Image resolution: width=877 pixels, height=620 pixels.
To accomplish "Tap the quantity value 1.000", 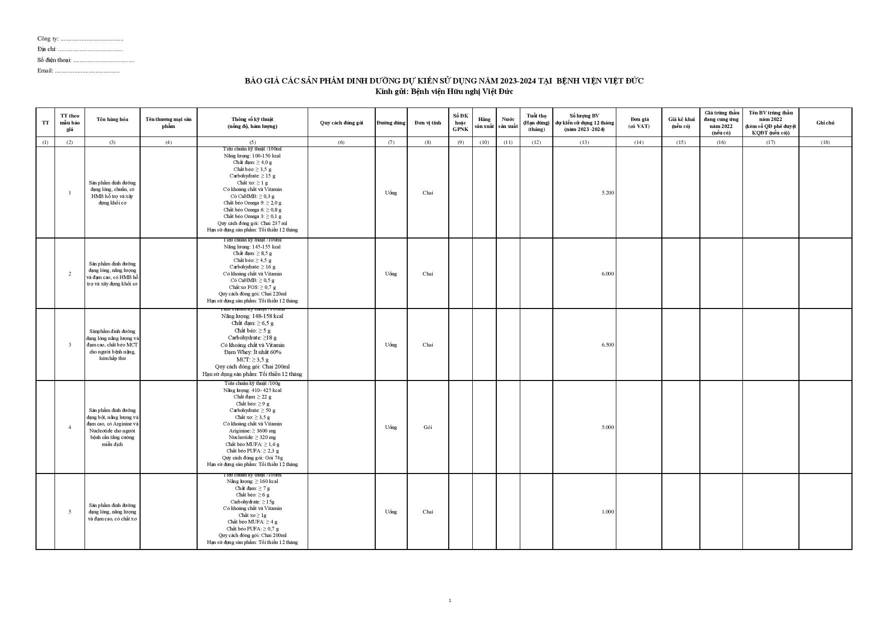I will pos(607,512).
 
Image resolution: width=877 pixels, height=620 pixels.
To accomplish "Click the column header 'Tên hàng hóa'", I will pos(112,119).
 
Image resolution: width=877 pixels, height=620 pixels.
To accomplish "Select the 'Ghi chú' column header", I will pos(825,122).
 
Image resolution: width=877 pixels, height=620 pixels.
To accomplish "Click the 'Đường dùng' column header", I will pos(391,122).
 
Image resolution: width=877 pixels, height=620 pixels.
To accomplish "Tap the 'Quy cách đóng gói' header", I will pos(341,122).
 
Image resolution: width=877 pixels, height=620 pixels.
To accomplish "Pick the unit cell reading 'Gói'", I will pos(428,427).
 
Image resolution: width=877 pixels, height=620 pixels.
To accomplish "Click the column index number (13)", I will pos(584,142).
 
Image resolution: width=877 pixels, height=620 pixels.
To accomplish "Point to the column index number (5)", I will pos(252,142).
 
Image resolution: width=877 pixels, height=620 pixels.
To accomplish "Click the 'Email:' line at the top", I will pos(78,70).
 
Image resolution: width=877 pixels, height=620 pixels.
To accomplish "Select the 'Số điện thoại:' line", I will pos(86,60).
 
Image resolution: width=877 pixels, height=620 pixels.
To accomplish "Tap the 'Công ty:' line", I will pos(80,38).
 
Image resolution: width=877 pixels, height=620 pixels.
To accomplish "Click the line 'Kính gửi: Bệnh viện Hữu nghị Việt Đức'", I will pos(444,91).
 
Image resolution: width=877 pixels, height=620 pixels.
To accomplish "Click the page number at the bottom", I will pos(450,600).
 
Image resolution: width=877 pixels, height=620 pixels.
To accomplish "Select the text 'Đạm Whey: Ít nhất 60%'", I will pos(252,352).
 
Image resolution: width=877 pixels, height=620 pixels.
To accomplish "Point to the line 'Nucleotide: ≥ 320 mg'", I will pos(252,437).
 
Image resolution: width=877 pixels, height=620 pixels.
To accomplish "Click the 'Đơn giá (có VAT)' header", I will pos(639,122).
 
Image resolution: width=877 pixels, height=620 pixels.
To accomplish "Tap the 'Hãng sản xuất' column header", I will pos(484,122).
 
